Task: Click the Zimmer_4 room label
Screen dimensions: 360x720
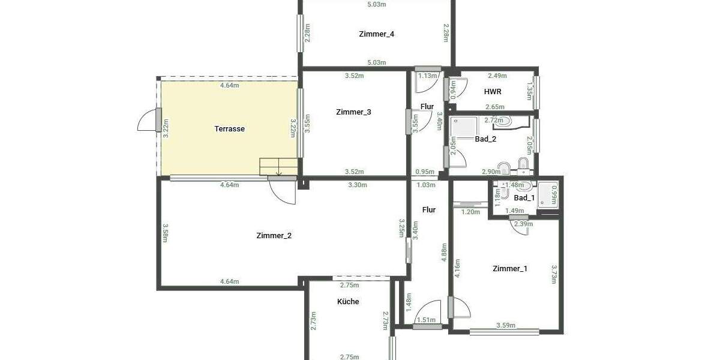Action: [376, 34]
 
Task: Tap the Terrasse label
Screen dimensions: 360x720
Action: [229, 129]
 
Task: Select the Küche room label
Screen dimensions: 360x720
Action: [348, 302]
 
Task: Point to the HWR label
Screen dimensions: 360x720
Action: [493, 92]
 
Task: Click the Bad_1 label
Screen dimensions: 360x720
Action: [524, 198]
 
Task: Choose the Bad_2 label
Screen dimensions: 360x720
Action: [485, 139]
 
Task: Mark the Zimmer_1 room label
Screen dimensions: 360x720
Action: [509, 269]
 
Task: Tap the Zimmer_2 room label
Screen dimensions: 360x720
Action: [274, 236]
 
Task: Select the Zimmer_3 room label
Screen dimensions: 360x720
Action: [353, 112]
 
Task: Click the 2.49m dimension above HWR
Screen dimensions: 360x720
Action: [497, 76]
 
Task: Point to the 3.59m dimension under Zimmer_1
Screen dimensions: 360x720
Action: [506, 326]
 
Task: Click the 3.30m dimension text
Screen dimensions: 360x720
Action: [357, 185]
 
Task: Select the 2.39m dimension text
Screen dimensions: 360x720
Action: [524, 224]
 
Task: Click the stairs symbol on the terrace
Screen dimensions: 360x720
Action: [278, 167]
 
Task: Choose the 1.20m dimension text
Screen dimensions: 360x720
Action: [470, 212]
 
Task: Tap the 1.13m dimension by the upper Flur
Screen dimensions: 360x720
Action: [427, 76]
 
